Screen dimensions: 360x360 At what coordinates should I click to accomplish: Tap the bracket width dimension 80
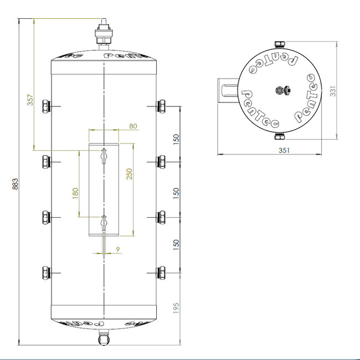(133, 126)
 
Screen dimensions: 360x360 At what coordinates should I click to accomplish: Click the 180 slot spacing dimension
(75, 193)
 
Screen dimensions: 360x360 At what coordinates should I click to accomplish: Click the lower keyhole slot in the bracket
(104, 223)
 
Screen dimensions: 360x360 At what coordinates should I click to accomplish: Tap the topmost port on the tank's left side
(46, 105)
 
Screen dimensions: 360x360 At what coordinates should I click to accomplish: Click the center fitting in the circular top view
(279, 90)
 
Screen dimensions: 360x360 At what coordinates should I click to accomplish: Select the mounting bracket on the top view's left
(227, 90)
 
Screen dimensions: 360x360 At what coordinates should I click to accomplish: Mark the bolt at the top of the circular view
(279, 45)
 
